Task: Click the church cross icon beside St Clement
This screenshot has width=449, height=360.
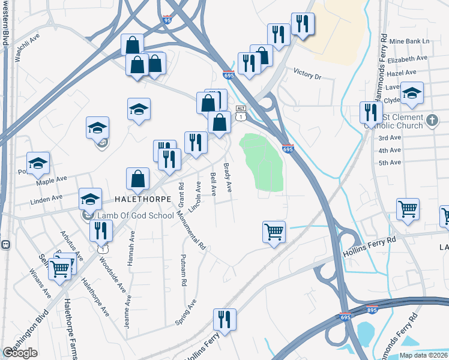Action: (x=432, y=122)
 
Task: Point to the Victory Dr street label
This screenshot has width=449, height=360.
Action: (x=307, y=76)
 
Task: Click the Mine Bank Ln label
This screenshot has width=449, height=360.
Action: (x=410, y=41)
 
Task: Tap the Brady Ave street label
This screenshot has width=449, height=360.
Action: (x=228, y=178)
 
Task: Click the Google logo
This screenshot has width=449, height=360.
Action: (x=20, y=353)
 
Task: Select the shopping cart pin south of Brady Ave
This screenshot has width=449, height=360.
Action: (x=274, y=231)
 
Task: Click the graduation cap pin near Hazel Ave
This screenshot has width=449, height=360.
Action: (x=412, y=93)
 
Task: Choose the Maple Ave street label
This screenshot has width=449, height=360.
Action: (x=52, y=179)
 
